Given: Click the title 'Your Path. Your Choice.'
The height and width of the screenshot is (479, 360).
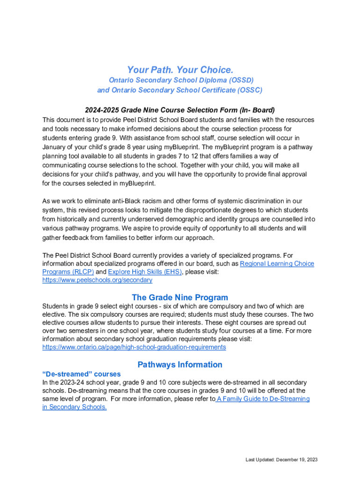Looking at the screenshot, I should [x=180, y=70].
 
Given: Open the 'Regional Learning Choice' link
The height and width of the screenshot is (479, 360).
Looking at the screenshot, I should [x=277, y=264].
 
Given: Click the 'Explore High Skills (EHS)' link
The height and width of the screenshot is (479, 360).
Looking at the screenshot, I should [x=145, y=272].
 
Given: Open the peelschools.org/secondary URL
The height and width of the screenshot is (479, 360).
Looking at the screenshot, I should [x=97, y=280].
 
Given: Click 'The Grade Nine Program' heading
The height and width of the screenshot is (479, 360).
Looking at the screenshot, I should [x=180, y=298].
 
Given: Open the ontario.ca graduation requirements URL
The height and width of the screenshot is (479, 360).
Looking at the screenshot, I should [x=134, y=347].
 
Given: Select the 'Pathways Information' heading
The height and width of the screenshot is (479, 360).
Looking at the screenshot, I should [x=180, y=364].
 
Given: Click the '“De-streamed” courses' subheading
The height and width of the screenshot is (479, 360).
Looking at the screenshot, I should [x=82, y=374].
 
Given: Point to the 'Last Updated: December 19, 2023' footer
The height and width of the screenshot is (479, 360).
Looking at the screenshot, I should [x=282, y=460].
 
